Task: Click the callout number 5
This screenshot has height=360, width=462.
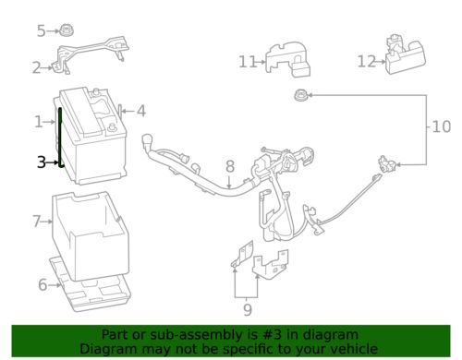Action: pyautogui.click(x=41, y=31)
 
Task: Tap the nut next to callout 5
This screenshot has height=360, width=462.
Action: pyautogui.click(x=67, y=30)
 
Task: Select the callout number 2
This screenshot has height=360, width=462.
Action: pyautogui.click(x=37, y=68)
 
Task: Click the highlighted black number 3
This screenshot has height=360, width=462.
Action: pyautogui.click(x=42, y=162)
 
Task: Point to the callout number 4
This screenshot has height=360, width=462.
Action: pyautogui.click(x=141, y=111)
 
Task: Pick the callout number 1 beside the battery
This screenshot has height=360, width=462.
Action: pyautogui.click(x=38, y=122)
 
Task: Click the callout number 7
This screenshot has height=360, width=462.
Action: pyautogui.click(x=37, y=222)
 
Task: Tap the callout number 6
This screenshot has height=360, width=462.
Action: pyautogui.click(x=43, y=284)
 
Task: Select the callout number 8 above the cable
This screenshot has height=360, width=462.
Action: pyautogui.click(x=230, y=166)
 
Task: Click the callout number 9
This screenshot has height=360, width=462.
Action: pyautogui.click(x=248, y=309)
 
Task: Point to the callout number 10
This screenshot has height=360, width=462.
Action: pyautogui.click(x=442, y=126)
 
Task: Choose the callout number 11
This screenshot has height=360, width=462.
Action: pyautogui.click(x=248, y=62)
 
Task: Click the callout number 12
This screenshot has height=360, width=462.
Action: pyautogui.click(x=367, y=62)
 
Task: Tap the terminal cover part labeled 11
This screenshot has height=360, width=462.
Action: pyautogui.click(x=287, y=59)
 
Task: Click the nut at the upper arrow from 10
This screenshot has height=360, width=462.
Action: pyautogui.click(x=299, y=95)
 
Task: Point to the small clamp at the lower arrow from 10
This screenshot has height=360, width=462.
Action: pyautogui.click(x=387, y=163)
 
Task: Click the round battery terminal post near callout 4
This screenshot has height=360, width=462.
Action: pyautogui.click(x=112, y=126)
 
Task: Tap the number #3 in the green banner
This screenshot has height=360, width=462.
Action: pyautogui.click(x=273, y=334)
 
